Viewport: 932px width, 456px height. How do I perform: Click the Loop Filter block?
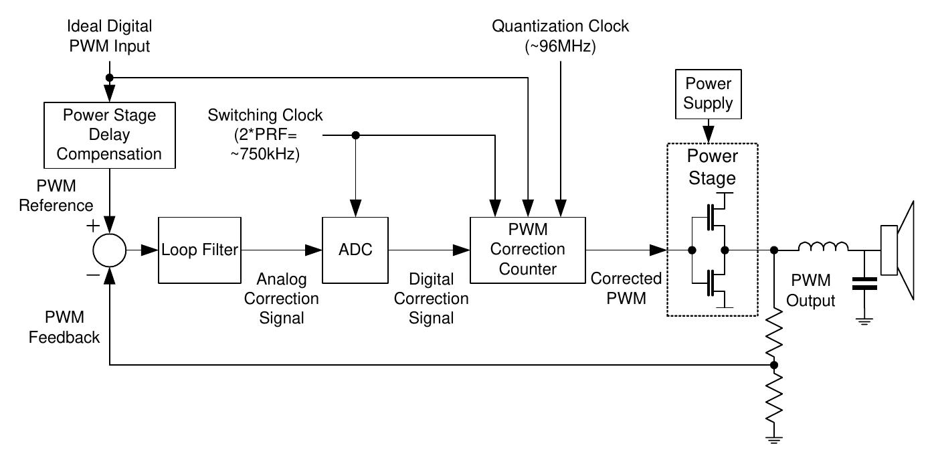[199, 250]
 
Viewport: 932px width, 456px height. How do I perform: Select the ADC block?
[355, 250]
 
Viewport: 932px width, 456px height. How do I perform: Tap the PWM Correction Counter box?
[527, 250]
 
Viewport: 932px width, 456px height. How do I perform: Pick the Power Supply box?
[707, 94]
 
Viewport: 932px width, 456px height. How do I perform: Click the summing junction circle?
[109, 250]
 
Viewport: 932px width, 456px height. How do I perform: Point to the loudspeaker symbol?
[901, 250]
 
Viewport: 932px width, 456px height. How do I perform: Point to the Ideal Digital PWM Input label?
[109, 36]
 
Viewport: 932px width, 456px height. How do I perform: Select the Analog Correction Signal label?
[281, 298]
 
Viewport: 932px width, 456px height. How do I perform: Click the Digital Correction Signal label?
[431, 298]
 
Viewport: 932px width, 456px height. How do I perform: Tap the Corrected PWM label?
[626, 289]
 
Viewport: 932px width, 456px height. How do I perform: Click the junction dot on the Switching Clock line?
[356, 135]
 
